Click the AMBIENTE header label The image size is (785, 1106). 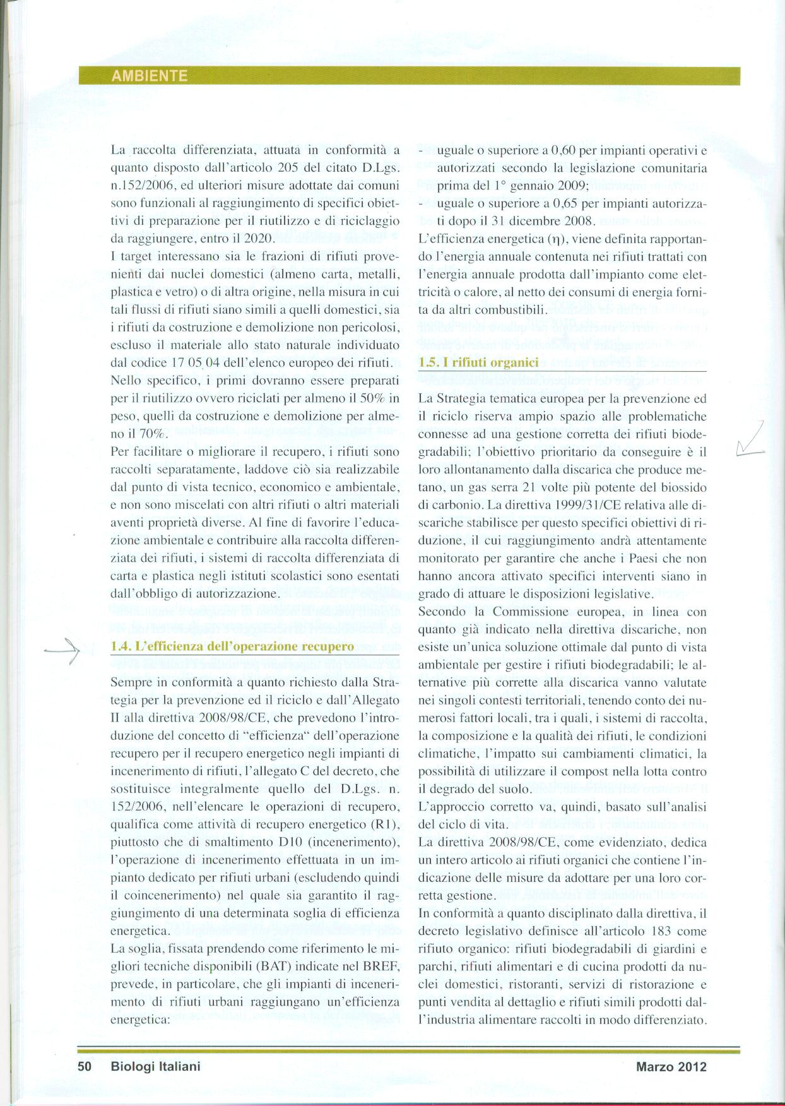[x=150, y=76]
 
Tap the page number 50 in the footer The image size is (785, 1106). [x=85, y=1067]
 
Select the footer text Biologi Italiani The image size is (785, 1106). [x=155, y=1067]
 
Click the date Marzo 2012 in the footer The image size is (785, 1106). [x=671, y=1067]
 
